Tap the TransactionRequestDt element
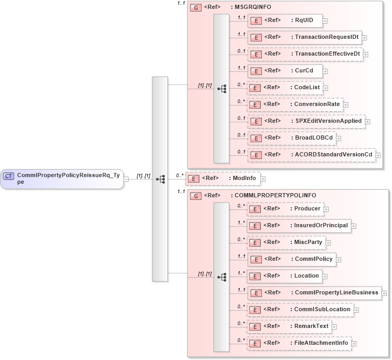point(304,37)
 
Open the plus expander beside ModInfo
point(263,179)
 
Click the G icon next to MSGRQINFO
point(196,8)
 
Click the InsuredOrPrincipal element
point(299,226)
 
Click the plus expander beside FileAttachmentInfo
point(354,344)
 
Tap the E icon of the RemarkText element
point(255,327)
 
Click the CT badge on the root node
point(8,176)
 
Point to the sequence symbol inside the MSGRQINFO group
point(221,89)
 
